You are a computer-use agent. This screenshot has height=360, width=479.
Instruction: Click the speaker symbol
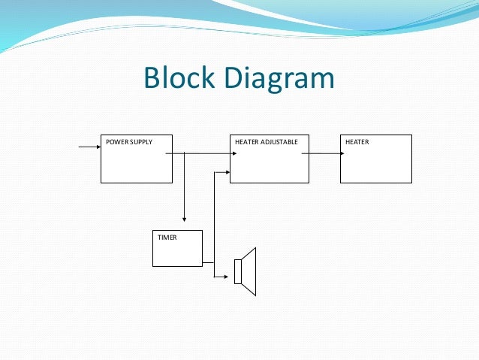(x=246, y=271)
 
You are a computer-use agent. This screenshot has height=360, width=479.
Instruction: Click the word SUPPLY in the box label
(x=140, y=141)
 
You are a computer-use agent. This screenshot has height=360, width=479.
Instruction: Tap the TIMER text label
(x=166, y=237)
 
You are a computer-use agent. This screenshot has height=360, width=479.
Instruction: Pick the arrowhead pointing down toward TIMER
(x=184, y=219)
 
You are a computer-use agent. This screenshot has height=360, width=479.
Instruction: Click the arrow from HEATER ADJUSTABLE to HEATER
(x=324, y=153)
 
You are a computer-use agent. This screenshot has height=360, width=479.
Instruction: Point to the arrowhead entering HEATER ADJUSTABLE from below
(x=226, y=171)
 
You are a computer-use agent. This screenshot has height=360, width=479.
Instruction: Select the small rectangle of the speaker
(x=238, y=271)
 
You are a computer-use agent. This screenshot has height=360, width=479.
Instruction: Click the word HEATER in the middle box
(x=247, y=141)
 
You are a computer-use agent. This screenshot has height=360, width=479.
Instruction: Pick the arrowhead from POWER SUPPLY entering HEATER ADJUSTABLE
(x=226, y=153)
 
